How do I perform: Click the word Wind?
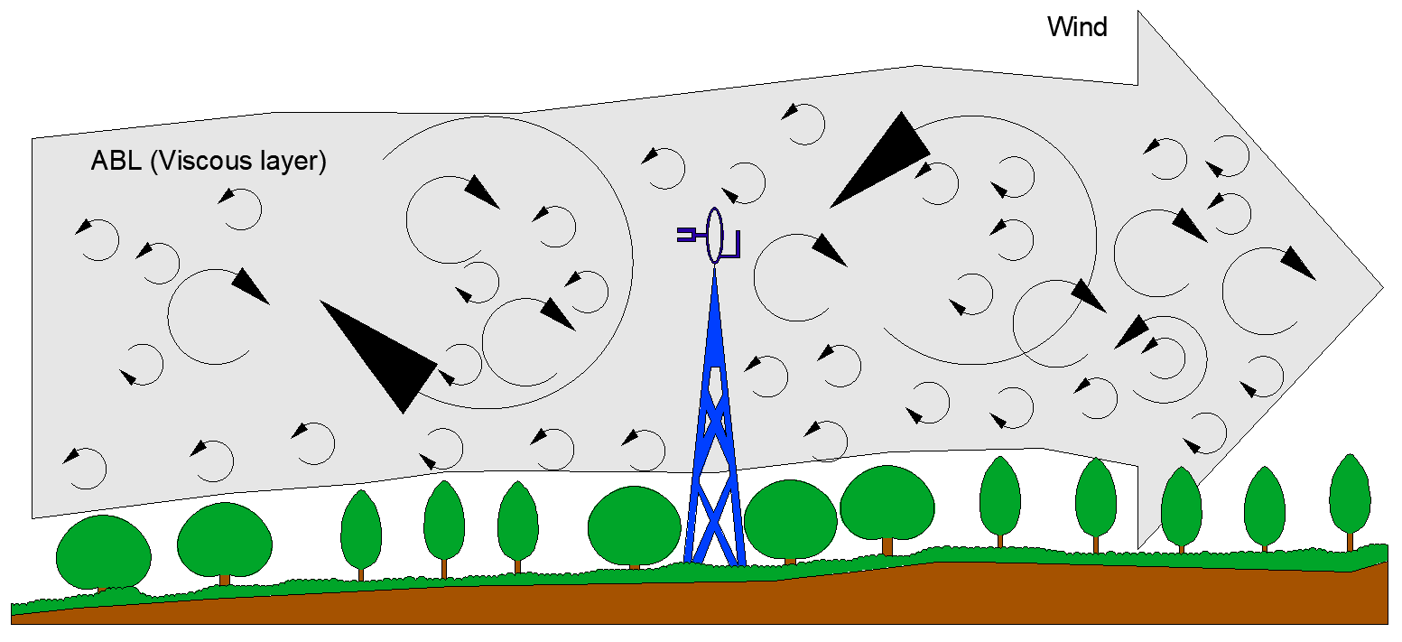(x=1076, y=27)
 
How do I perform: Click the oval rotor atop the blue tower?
(x=714, y=235)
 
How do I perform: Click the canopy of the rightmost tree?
(x=1351, y=495)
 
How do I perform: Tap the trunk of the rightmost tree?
(x=1351, y=542)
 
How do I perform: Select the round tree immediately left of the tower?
(x=634, y=526)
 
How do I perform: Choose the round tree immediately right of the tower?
(x=790, y=519)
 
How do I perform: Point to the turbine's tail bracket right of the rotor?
(x=733, y=245)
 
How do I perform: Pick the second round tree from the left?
(x=224, y=540)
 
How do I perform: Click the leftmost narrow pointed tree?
(x=361, y=529)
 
